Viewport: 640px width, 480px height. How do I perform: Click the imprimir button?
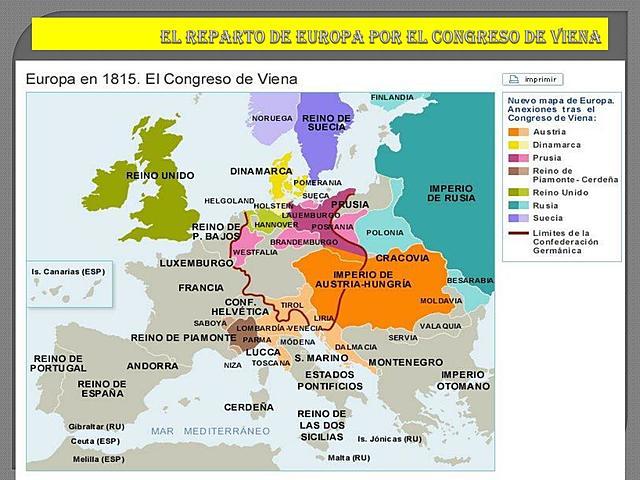coord(532,79)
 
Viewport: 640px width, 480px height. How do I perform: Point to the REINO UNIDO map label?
coord(161,175)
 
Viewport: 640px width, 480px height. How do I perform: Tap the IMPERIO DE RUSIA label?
coord(451,192)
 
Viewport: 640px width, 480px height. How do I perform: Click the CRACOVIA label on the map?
coord(402,257)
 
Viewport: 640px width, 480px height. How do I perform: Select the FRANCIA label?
coord(201,287)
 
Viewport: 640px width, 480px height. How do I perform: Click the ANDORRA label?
coord(153,365)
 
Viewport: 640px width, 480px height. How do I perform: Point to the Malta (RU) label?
coord(348,457)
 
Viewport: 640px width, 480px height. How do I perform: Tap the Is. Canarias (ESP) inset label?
coord(68,271)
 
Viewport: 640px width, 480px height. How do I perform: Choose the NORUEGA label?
coord(272,117)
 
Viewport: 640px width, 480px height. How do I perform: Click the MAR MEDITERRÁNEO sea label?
coord(211,430)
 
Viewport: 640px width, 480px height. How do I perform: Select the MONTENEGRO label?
coord(405,362)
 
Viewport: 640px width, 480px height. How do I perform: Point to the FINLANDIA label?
coord(392,97)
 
